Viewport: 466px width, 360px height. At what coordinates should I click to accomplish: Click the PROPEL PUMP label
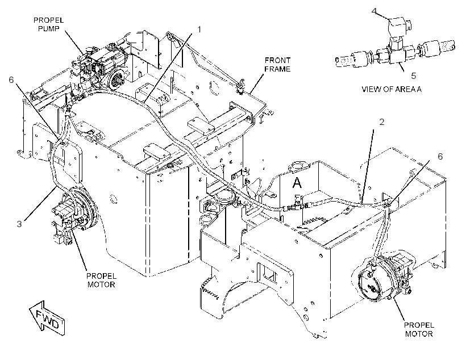(48, 24)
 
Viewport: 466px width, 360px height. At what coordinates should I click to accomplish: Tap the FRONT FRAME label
(277, 65)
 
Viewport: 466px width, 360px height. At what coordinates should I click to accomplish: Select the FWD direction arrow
(47, 318)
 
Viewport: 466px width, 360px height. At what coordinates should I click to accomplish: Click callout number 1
(199, 30)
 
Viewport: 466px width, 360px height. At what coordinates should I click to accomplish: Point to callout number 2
(381, 122)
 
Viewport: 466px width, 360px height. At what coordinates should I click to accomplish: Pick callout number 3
(19, 224)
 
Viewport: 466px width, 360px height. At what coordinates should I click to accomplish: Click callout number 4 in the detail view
(374, 11)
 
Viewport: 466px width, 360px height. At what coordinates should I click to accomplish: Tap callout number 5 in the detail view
(413, 76)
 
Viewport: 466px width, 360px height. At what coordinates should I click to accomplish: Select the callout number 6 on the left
(11, 79)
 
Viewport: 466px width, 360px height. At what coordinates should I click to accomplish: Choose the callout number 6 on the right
(440, 156)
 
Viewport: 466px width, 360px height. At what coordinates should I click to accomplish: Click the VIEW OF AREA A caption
(392, 89)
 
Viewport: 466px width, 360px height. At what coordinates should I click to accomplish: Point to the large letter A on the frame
(297, 182)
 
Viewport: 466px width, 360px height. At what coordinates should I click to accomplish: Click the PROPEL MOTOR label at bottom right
(419, 329)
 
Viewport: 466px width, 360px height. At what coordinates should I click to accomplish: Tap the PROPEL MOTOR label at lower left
(101, 280)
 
